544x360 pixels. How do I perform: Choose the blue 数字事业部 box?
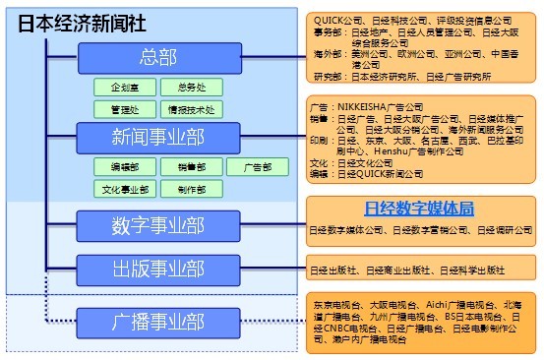157,225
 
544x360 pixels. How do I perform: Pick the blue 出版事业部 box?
157,268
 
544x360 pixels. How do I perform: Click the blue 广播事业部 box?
157,321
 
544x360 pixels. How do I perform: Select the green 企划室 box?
123,88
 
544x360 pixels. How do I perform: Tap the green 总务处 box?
185,88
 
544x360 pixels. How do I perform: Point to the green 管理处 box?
123,109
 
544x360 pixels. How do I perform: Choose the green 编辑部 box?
123,166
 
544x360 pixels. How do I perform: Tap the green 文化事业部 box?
123,189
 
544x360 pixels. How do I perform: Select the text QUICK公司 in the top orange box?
336,20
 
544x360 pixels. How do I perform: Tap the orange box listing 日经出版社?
420,270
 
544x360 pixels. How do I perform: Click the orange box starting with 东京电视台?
420,321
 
